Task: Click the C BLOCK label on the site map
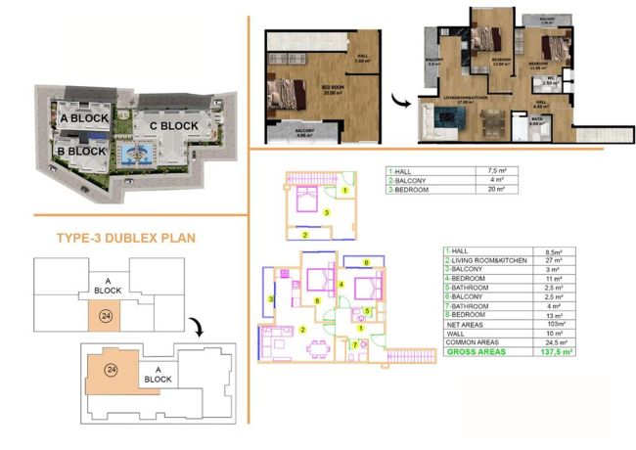point(172,126)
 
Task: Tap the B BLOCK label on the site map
point(81,152)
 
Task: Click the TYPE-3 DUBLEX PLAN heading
point(128,238)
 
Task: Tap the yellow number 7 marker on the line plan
point(354,345)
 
